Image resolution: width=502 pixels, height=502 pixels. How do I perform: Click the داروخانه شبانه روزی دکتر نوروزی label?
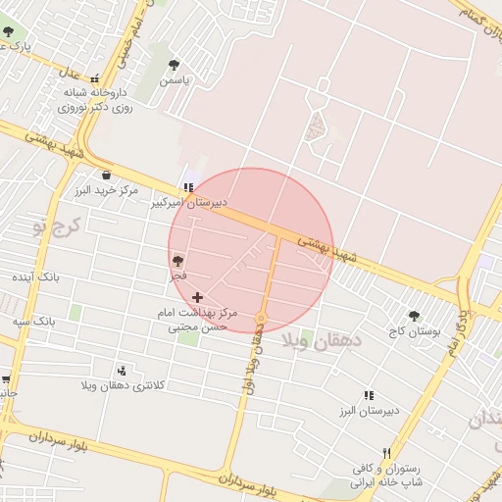pyautogui.click(x=100, y=101)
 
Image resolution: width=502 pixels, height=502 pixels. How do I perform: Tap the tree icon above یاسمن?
pyautogui.click(x=174, y=65)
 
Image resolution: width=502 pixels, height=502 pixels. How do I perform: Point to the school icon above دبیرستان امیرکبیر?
pyautogui.click(x=187, y=186)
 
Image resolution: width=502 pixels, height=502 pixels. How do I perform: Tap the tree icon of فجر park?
pyautogui.click(x=177, y=261)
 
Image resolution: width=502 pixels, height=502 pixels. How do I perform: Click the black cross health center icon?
pyautogui.click(x=198, y=296)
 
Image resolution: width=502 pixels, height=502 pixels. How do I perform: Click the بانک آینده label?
pyautogui.click(x=35, y=278)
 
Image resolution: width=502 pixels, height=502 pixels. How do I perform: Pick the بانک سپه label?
pyautogui.click(x=33, y=321)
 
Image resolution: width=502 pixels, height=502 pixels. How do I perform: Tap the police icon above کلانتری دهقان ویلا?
pyautogui.click(x=122, y=371)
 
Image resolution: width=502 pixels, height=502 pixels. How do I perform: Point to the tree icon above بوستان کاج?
pyautogui.click(x=414, y=316)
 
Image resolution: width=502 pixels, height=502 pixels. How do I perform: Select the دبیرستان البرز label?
pyautogui.click(x=369, y=411)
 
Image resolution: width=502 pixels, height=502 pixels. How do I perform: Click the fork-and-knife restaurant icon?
pyautogui.click(x=386, y=453)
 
